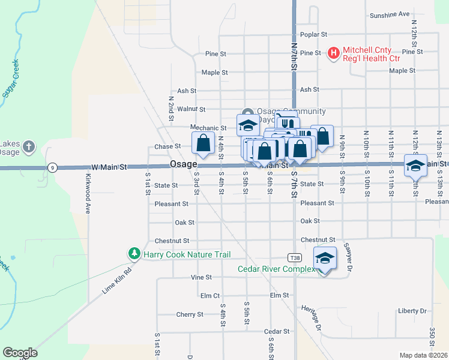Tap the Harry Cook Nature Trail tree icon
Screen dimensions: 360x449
(134, 254)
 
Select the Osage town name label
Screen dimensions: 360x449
(183, 164)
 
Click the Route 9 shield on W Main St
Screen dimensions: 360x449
(53, 168)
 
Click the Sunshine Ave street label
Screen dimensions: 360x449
(390, 14)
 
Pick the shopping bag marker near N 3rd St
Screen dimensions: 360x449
(203, 143)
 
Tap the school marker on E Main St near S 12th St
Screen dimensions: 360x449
(415, 165)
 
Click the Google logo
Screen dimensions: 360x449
(20, 353)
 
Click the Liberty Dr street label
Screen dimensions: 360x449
(412, 311)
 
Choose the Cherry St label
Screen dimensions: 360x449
(190, 314)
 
